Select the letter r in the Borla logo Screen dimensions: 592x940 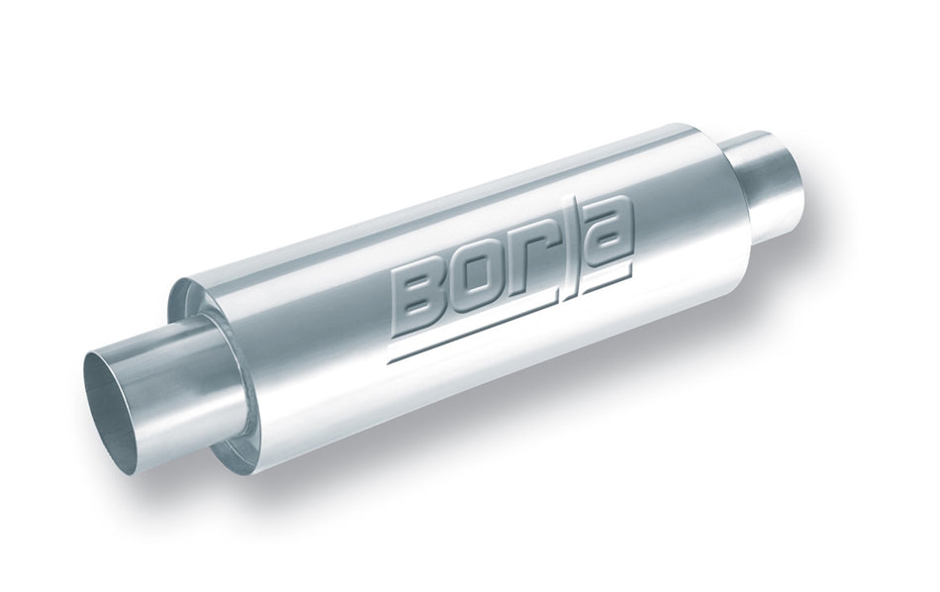tap(535, 278)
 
